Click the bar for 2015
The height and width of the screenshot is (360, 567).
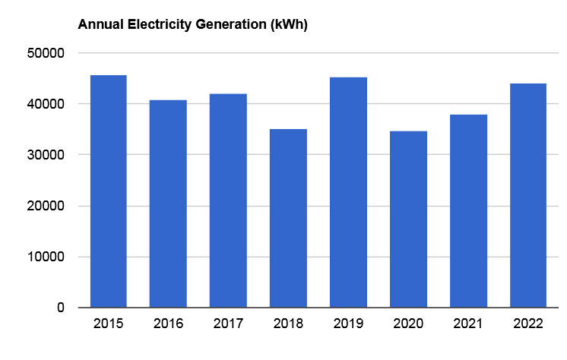pyautogui.click(x=108, y=191)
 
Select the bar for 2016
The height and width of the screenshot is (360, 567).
pyautogui.click(x=168, y=204)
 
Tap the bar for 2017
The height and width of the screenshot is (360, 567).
pyautogui.click(x=228, y=201)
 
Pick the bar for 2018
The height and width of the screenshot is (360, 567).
pyautogui.click(x=288, y=218)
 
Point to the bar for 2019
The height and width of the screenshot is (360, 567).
pyautogui.click(x=348, y=192)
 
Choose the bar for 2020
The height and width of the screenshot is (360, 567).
pyautogui.click(x=408, y=219)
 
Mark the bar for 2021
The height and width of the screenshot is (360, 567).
pyautogui.click(x=468, y=211)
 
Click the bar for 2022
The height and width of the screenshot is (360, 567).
pyautogui.click(x=528, y=195)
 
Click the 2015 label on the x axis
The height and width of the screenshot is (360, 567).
pyautogui.click(x=108, y=324)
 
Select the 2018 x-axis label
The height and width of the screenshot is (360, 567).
pyautogui.click(x=288, y=324)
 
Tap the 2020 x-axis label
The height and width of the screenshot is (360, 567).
pyautogui.click(x=408, y=324)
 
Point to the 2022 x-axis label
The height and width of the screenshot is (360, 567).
pyautogui.click(x=528, y=324)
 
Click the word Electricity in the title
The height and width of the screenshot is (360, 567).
pyautogui.click(x=156, y=24)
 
